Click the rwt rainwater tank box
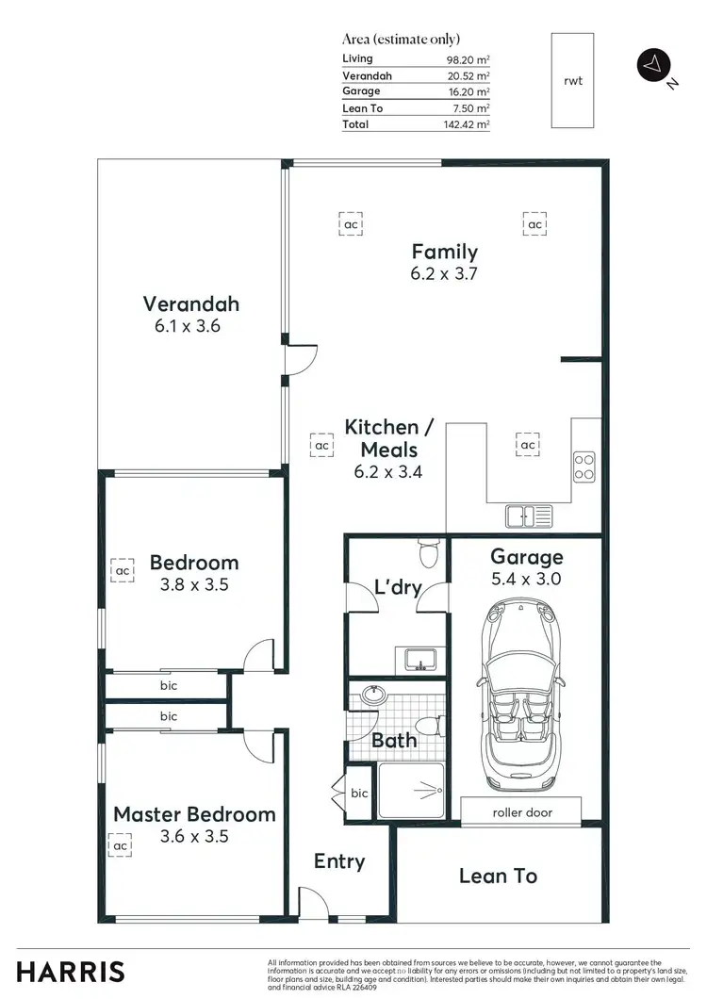573,80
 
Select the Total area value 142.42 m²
469,124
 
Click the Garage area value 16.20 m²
469,91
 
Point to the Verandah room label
190,303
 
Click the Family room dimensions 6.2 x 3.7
444,274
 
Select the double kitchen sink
528,516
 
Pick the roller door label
521,811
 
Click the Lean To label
498,876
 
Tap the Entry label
338,861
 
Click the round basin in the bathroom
374,696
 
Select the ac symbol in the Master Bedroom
121,846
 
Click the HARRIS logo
71,972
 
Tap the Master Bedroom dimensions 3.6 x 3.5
194,836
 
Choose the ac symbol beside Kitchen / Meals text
321,445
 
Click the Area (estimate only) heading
401,39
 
